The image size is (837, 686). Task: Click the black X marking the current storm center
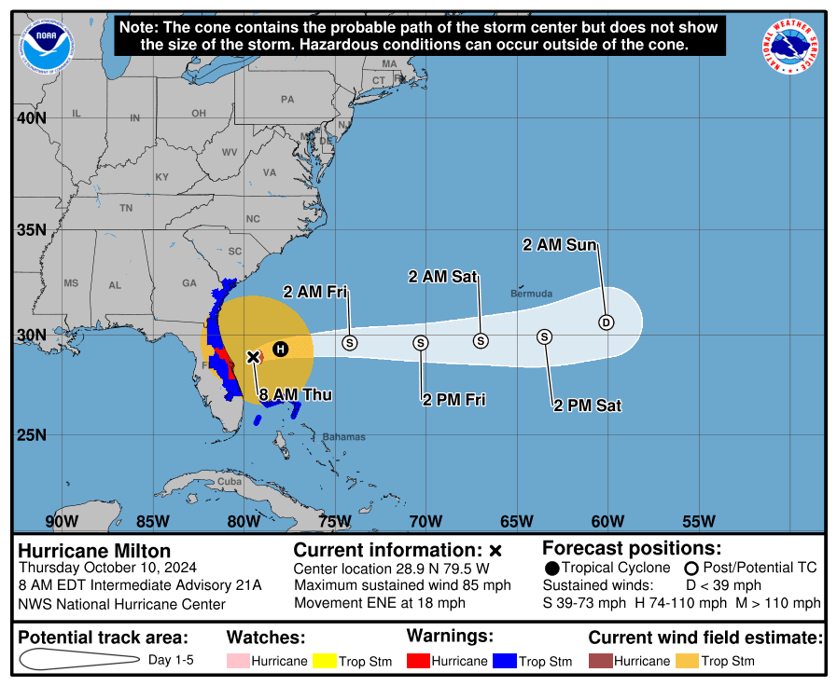point(253,357)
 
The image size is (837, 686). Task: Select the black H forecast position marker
point(280,349)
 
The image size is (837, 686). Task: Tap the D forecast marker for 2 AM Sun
point(606,322)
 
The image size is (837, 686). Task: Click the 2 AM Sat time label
point(443,276)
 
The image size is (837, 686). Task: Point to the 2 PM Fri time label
point(454,400)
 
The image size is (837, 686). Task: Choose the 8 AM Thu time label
point(295,395)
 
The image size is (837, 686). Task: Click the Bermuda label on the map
point(531,294)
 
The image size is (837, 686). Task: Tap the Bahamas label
point(343,436)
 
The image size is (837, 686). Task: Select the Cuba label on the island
point(229,482)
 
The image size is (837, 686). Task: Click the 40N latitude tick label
point(31,118)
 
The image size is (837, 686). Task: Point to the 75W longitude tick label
point(333,521)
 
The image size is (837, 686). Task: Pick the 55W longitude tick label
point(698,521)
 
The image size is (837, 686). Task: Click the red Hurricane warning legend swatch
point(417,661)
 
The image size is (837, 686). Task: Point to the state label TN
point(126,208)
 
